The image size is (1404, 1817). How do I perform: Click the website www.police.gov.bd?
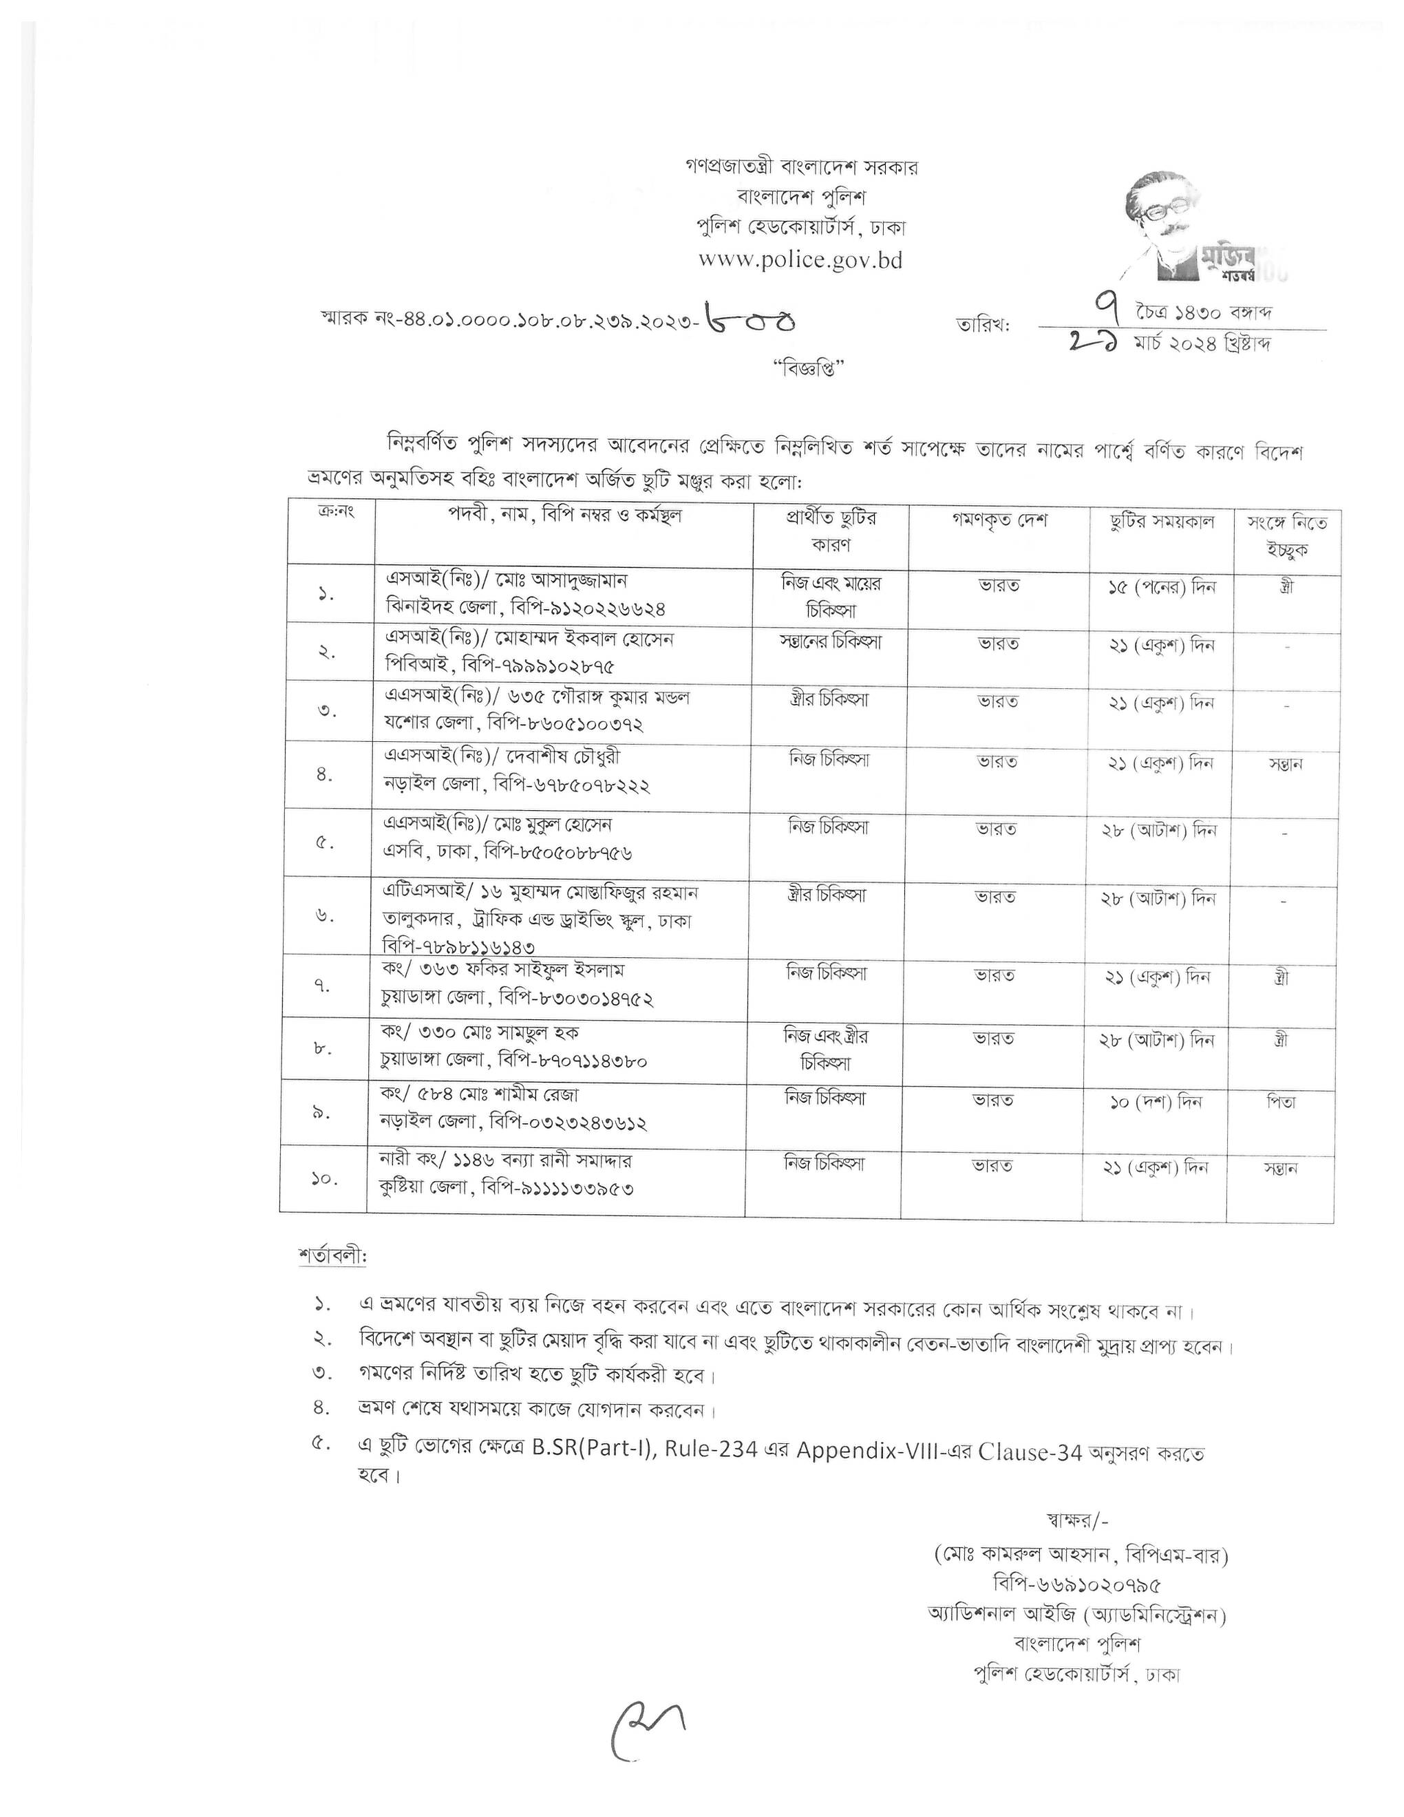800,259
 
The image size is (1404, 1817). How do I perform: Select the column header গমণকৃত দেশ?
999,521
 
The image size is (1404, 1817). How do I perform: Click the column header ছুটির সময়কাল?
1162,522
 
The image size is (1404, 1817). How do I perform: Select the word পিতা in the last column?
1283,1103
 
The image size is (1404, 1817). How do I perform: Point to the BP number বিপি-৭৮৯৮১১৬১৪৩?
458,947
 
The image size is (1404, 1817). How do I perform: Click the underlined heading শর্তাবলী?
331,1255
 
